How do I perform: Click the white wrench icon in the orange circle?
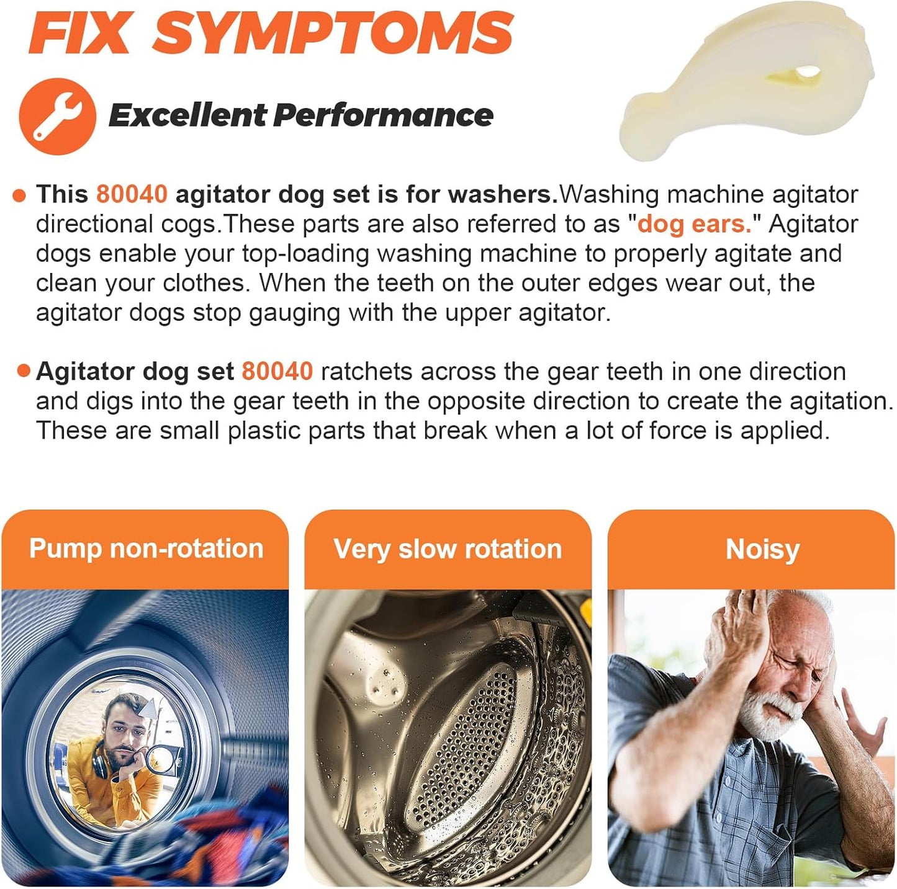(x=57, y=116)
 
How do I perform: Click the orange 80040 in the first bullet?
(x=132, y=194)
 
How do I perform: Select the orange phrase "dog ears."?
(x=694, y=224)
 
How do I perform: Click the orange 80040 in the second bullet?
(x=277, y=372)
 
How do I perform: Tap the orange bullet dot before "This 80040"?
(x=19, y=196)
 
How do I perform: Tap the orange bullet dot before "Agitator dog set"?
(x=24, y=372)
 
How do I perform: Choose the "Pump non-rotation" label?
(x=146, y=549)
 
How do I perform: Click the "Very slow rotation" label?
(x=448, y=549)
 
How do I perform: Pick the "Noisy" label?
(x=763, y=549)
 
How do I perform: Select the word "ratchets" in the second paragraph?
(x=366, y=372)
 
